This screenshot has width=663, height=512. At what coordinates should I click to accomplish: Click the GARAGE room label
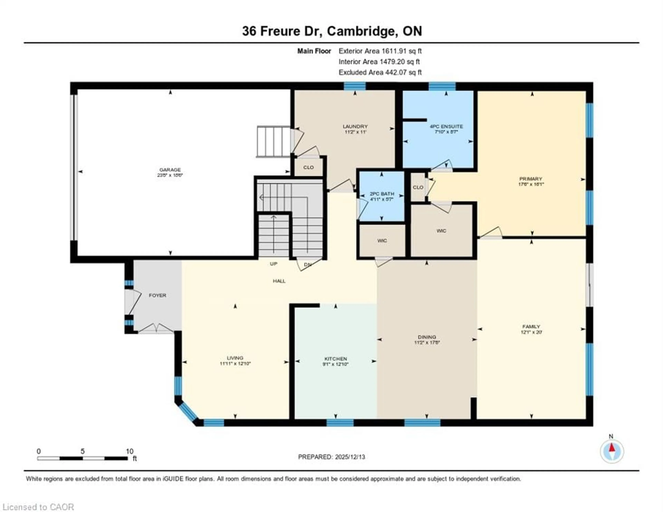point(170,170)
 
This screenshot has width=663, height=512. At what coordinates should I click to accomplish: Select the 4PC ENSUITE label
point(446,126)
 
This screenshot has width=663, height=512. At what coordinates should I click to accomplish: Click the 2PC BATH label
point(382,194)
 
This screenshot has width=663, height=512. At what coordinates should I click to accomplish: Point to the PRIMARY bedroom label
point(530,179)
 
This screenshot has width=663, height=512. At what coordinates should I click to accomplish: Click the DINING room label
point(427,337)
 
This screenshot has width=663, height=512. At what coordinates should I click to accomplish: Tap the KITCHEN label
point(335,359)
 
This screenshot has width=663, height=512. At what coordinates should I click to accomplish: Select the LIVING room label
point(235,358)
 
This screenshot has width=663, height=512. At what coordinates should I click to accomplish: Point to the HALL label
point(279,281)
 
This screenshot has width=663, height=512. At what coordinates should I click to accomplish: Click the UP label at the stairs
point(273,264)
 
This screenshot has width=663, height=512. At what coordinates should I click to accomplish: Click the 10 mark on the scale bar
point(130,451)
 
